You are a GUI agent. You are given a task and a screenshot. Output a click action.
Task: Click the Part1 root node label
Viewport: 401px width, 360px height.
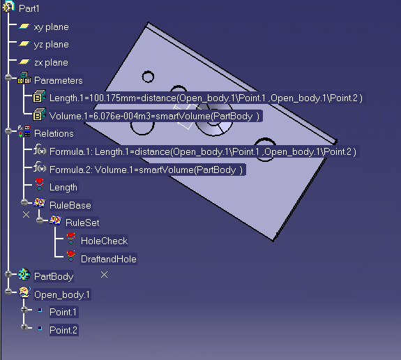click(x=29, y=8)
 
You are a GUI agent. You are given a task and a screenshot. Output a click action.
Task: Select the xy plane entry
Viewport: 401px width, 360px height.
click(x=51, y=27)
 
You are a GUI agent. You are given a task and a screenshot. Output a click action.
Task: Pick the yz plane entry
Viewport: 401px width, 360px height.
click(x=51, y=45)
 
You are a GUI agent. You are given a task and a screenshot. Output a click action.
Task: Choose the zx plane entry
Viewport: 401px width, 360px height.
click(x=51, y=62)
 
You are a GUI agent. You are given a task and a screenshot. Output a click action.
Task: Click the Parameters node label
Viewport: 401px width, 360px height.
click(x=59, y=81)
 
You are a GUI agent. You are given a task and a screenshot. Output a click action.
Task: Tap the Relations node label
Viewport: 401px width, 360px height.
click(x=54, y=133)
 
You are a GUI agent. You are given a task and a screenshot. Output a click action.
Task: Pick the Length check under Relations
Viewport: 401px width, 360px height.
click(x=63, y=188)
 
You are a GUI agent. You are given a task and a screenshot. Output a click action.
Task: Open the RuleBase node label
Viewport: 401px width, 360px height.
click(x=70, y=205)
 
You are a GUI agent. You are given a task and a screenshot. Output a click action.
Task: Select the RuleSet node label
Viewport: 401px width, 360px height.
click(x=82, y=223)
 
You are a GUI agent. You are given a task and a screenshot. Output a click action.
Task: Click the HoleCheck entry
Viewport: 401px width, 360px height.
click(x=104, y=241)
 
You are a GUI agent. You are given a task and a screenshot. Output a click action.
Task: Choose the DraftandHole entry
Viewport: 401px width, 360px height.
click(x=109, y=260)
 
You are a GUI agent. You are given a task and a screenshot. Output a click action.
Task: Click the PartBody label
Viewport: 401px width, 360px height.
click(x=54, y=276)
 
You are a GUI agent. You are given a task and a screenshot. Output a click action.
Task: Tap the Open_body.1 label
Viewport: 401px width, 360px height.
click(x=62, y=294)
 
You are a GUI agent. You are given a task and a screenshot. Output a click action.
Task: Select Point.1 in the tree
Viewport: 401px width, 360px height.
click(x=63, y=312)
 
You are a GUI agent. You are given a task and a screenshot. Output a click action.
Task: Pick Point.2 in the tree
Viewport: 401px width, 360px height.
click(x=63, y=330)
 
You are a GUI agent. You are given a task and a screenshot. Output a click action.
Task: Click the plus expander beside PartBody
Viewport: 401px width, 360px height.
click(x=8, y=274)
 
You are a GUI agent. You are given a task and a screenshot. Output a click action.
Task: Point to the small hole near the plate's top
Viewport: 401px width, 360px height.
click(x=148, y=77)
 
